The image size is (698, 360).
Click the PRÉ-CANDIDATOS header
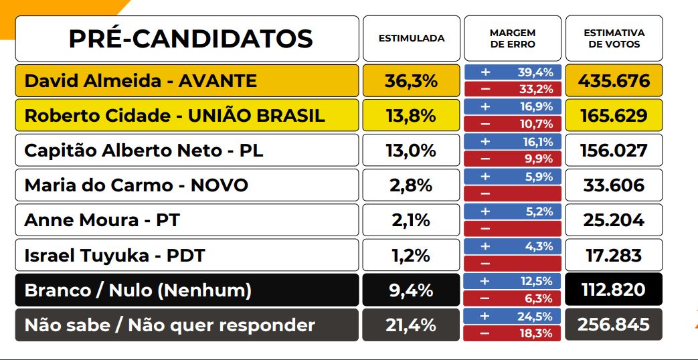tap(190, 39)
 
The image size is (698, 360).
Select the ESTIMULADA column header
tap(412, 38)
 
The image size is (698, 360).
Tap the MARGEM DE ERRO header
tap(512, 38)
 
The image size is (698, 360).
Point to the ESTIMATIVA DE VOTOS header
tap(614, 38)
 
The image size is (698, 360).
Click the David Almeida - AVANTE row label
tap(141, 81)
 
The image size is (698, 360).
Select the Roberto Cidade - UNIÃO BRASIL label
tap(175, 116)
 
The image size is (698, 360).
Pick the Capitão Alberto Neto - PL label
tap(144, 151)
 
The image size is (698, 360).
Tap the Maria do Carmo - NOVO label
tap(137, 185)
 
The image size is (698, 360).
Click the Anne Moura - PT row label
tap(102, 220)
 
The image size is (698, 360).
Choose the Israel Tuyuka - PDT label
tap(115, 255)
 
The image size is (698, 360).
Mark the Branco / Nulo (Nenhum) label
tap(138, 290)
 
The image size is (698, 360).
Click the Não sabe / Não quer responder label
tap(170, 325)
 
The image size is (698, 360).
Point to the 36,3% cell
tap(411, 81)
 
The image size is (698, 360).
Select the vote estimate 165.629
tap(614, 116)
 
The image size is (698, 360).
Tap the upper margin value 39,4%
tap(535, 72)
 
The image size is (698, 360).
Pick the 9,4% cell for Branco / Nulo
tap(411, 290)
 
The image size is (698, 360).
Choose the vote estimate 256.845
tap(614, 325)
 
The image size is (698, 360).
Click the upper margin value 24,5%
tap(535, 316)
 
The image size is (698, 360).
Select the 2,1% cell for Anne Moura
tap(411, 220)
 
